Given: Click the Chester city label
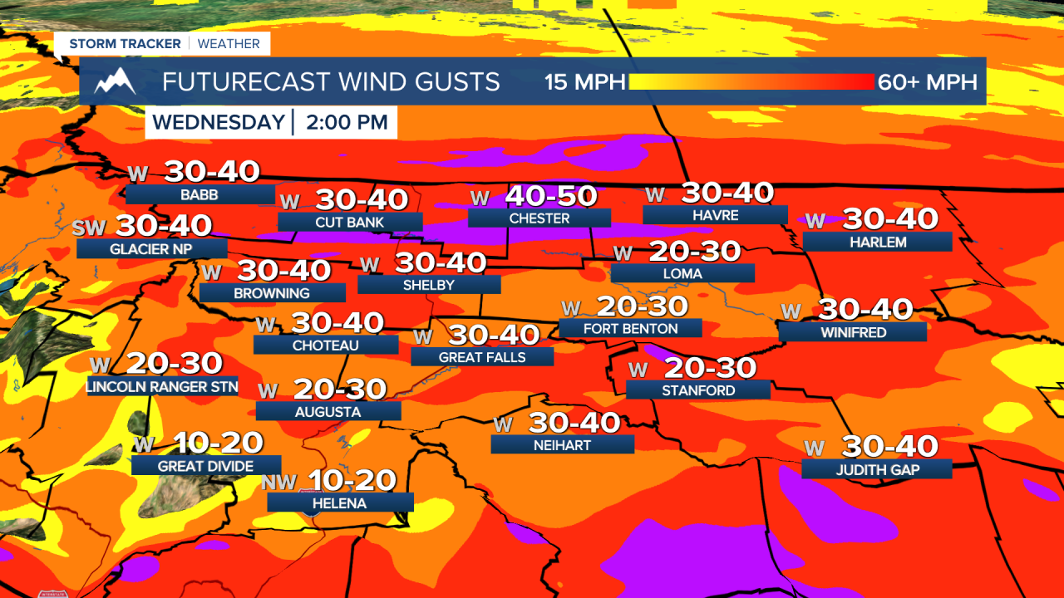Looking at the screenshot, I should pos(539,218).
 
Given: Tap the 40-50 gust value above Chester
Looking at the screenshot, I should pos(551,196).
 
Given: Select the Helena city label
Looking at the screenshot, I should pos(339,503).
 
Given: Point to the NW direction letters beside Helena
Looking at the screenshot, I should pos(279,483).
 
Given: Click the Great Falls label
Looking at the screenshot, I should pos(482,357).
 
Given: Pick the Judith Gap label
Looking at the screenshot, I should pos(876,469).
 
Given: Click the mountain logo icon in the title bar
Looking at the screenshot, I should pos(115,81).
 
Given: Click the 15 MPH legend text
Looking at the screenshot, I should pos(584,81).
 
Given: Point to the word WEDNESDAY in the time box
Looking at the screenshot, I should pos(219,123).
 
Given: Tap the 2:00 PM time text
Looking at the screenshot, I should pos(347,123).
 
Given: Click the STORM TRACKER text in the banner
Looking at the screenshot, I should pos(124,43).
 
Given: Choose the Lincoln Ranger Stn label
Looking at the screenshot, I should pos(162,386).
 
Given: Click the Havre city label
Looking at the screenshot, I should pos(715,215).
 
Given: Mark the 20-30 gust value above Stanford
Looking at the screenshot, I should pos(710,368).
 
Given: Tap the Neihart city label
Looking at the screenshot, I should pos(562,445).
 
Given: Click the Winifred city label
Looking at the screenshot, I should pos(853,332).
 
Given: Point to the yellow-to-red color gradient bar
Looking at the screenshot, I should pos(752,81).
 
